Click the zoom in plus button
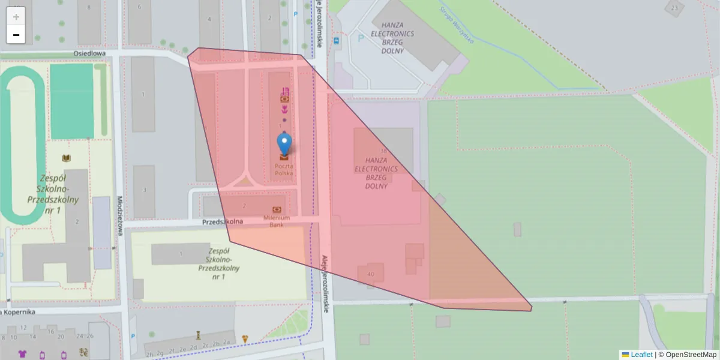click(x=16, y=17)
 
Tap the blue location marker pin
click(x=284, y=145)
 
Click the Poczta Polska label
click(x=284, y=169)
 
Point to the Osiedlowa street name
click(x=89, y=53)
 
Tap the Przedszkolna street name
click(x=222, y=221)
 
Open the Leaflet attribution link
click(x=641, y=355)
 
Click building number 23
click(x=675, y=8)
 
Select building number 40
click(x=370, y=274)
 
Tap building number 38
click(x=383, y=151)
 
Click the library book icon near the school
click(x=67, y=158)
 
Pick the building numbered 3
click(x=144, y=190)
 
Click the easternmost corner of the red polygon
click(x=532, y=308)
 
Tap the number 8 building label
click(x=89, y=7)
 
